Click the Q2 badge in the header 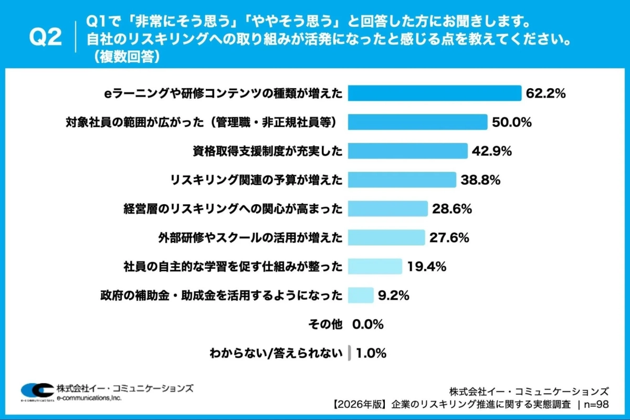click(46, 38)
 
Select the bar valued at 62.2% click(435, 93)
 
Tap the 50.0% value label click(512, 122)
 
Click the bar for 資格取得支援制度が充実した click(407, 151)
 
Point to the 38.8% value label click(480, 180)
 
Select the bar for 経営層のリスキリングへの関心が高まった click(388, 209)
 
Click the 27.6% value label click(449, 238)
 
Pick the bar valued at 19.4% click(375, 267)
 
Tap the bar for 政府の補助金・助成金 click(361, 296)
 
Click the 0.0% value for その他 click(368, 324)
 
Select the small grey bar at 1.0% click(349, 353)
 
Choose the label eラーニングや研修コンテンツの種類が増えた click(224, 93)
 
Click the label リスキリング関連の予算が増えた click(256, 180)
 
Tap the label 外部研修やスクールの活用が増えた click(250, 238)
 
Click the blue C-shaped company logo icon click(37, 391)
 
